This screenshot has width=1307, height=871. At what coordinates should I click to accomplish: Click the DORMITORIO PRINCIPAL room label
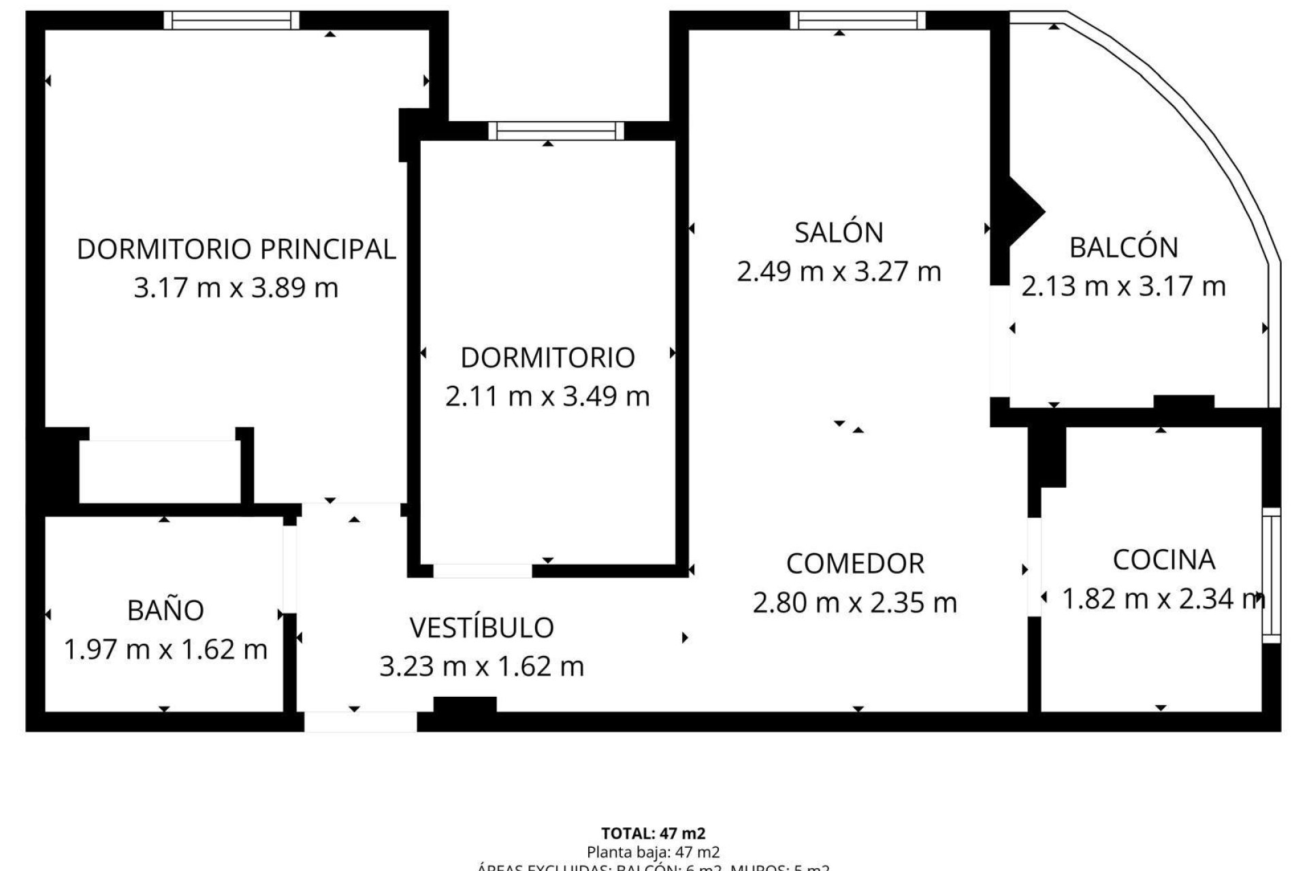(236, 249)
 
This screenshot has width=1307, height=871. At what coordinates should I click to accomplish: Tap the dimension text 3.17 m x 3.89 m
(236, 288)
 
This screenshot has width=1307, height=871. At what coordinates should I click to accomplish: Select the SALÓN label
(839, 233)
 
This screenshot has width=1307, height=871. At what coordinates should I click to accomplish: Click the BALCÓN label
(1123, 247)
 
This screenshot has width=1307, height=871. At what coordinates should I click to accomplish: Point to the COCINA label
(1163, 559)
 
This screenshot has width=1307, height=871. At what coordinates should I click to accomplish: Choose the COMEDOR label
(855, 563)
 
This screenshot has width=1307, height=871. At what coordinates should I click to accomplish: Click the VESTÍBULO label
(481, 627)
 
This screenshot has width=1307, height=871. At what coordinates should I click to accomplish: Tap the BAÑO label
(165, 610)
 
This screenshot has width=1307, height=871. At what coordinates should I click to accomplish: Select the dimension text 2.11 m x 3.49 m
(547, 396)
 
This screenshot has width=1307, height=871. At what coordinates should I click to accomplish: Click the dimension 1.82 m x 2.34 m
(1163, 599)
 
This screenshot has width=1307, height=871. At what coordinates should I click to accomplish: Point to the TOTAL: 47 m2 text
(653, 833)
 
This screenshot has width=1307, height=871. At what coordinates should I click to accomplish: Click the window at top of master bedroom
(231, 20)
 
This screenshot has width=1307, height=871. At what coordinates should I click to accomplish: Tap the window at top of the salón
(858, 20)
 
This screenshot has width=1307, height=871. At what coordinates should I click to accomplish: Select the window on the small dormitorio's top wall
(555, 130)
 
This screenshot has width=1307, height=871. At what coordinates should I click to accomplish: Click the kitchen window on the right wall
(1271, 575)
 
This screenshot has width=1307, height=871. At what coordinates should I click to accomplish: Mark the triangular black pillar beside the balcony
(1021, 211)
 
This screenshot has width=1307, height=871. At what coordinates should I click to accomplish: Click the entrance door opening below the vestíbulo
(360, 721)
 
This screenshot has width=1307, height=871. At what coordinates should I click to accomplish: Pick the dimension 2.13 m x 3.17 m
(1123, 286)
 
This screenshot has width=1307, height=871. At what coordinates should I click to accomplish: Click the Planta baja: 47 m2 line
(653, 851)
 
